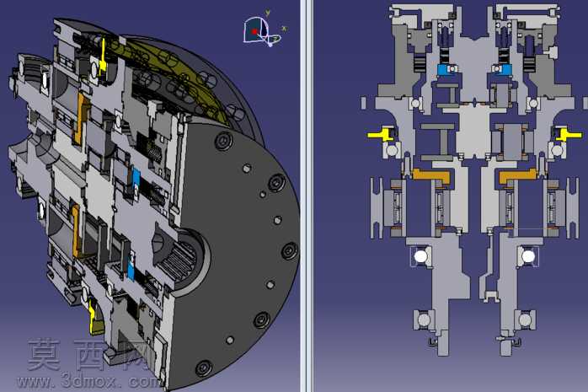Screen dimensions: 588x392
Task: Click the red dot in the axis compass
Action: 254,32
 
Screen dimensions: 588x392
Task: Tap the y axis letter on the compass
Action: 268,13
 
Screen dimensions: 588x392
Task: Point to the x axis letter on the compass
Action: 284,29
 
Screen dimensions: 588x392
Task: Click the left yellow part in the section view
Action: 382,134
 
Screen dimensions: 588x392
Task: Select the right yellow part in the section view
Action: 568,134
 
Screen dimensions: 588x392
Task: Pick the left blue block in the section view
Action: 447,69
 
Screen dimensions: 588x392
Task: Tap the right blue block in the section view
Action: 502,69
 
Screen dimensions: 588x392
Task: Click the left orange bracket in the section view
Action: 431,175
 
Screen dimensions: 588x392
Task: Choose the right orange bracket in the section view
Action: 518,175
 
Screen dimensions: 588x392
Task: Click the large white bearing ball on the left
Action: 420,256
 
